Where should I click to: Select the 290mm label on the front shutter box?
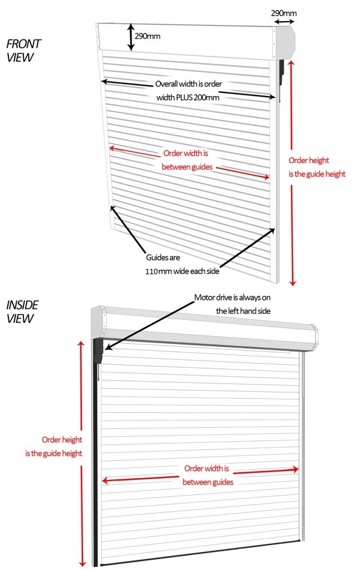[148, 36]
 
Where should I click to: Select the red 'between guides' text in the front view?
[187, 167]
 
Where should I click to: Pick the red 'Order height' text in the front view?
[309, 160]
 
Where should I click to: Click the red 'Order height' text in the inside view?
[60, 439]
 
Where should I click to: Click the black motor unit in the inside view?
[99, 352]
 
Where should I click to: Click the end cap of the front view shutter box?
[288, 41]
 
